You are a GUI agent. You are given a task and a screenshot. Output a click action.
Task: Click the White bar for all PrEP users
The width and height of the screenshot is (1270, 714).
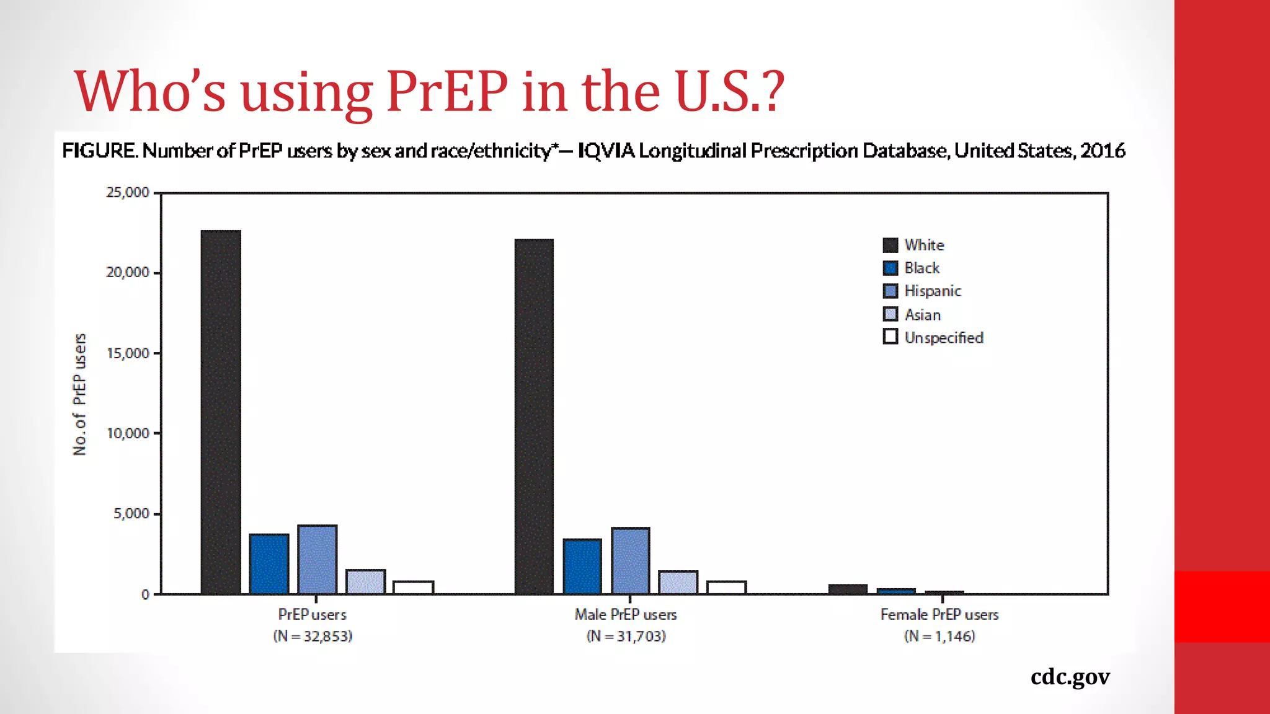click(x=221, y=412)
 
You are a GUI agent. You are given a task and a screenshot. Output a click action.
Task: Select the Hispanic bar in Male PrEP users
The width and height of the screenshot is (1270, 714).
click(x=631, y=560)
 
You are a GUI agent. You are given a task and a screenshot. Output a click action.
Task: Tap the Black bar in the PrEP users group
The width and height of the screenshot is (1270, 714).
click(x=269, y=563)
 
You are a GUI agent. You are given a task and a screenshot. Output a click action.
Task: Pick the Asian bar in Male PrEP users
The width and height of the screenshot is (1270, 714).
click(x=678, y=582)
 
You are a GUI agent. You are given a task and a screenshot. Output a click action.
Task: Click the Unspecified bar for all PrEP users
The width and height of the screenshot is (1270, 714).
click(x=414, y=587)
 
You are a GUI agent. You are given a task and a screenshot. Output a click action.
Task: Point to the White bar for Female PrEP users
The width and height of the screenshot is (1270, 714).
click(x=848, y=589)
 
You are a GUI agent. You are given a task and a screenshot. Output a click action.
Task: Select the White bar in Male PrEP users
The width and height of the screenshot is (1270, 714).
click(x=534, y=416)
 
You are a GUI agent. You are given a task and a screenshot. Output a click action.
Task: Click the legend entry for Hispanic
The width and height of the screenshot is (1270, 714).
click(x=932, y=291)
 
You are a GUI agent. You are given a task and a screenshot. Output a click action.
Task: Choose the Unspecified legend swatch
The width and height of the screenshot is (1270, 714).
click(x=890, y=337)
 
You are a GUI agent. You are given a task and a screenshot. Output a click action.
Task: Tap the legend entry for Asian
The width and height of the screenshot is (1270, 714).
click(x=922, y=315)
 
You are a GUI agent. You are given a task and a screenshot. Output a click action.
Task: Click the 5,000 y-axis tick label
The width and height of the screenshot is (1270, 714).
click(x=131, y=514)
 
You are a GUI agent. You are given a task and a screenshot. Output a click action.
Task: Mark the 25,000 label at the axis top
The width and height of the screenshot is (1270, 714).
click(x=128, y=193)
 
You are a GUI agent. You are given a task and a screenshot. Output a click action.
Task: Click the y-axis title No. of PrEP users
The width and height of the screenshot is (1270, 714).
click(x=79, y=394)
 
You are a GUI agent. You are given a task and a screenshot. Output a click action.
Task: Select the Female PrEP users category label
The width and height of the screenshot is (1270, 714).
click(x=939, y=615)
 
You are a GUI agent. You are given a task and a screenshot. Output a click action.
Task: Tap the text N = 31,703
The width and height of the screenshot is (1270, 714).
click(x=626, y=637)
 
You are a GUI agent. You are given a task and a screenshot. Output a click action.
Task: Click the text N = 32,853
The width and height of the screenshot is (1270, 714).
click(x=313, y=637)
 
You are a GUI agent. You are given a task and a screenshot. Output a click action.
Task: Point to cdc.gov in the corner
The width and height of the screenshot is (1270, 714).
click(x=1070, y=677)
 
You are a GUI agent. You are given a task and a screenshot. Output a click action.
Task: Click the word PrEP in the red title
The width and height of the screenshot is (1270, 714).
click(x=446, y=91)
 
